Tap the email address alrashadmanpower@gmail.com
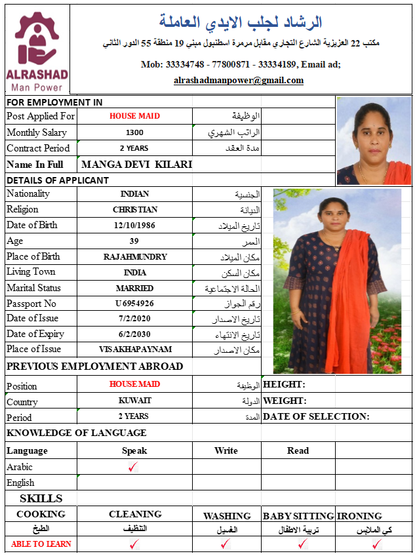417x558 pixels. [x=239, y=81]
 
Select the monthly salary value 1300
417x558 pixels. [x=134, y=132]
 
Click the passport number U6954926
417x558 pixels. [x=134, y=304]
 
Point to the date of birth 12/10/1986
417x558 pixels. [x=134, y=225]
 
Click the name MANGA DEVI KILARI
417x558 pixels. [x=136, y=165]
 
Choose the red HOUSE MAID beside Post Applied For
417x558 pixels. [x=134, y=116]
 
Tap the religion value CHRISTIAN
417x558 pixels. [x=134, y=210]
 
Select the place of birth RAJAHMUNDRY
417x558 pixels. [x=135, y=256]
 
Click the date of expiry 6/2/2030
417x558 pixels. [x=134, y=334]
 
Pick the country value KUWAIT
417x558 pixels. [x=134, y=400]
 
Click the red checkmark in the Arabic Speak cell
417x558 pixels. [x=134, y=467]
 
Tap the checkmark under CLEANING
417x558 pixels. [x=134, y=544]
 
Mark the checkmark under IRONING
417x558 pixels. [x=376, y=544]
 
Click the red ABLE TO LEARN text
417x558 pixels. [x=41, y=544]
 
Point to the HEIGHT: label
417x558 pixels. [x=284, y=385]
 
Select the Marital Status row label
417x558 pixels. [x=33, y=288]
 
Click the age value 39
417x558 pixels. [x=134, y=241]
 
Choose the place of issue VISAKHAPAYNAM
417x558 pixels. [x=134, y=350]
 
